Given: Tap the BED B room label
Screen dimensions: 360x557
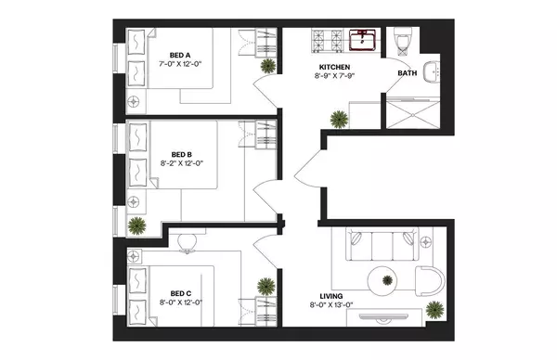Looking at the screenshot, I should tap(182, 154).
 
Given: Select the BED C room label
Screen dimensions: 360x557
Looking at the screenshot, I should tap(182, 266).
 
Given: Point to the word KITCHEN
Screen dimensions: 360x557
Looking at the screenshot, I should tap(335, 68).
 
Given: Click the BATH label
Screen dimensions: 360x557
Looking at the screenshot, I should tap(408, 72).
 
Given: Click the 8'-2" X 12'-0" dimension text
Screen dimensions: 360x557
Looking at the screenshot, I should tap(182, 164).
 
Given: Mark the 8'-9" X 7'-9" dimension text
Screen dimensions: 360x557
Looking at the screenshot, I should tap(335, 78).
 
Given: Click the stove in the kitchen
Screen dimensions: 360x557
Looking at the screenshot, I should tap(327, 41).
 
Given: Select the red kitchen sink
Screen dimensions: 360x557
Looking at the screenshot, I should tap(362, 41).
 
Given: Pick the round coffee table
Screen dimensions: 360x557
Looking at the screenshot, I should tap(382, 279).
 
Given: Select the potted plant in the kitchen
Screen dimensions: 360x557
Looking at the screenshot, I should tap(337, 118).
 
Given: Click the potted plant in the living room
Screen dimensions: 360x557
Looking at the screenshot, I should tap(434, 309).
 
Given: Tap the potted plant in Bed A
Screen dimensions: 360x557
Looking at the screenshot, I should tap(268, 66).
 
